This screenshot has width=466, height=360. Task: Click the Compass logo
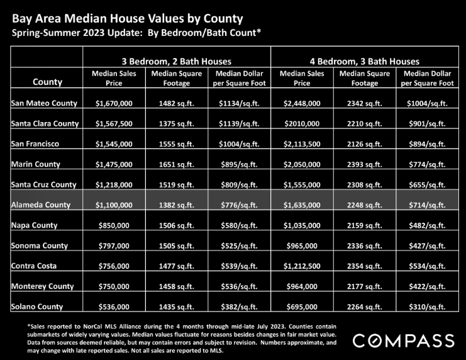click(x=404, y=341)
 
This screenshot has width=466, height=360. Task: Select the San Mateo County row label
click(x=44, y=103)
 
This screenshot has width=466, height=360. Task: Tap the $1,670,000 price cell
click(x=114, y=104)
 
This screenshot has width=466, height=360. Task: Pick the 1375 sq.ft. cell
click(x=177, y=124)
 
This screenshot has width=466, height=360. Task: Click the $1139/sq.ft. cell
click(x=239, y=124)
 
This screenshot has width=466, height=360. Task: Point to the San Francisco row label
click(x=35, y=144)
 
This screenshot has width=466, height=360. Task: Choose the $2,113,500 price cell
click(x=302, y=144)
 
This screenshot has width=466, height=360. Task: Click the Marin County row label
click(x=36, y=164)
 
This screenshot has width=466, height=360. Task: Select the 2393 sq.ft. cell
click(x=365, y=164)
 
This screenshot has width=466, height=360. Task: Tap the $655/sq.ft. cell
click(x=427, y=185)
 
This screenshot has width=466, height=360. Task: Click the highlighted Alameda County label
click(x=41, y=205)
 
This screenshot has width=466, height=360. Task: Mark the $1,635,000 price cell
click(x=302, y=205)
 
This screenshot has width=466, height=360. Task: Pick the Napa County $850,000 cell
click(x=114, y=225)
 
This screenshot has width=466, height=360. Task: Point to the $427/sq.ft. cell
click(x=427, y=245)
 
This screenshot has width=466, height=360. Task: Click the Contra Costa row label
click(x=34, y=266)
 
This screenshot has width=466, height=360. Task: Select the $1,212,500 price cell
click(x=302, y=266)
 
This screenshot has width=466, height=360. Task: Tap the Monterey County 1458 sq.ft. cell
click(x=177, y=286)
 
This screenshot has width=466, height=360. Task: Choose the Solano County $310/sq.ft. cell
click(x=427, y=307)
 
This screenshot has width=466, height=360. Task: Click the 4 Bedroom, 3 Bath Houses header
click(x=365, y=62)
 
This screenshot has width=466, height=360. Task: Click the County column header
click(x=48, y=82)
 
